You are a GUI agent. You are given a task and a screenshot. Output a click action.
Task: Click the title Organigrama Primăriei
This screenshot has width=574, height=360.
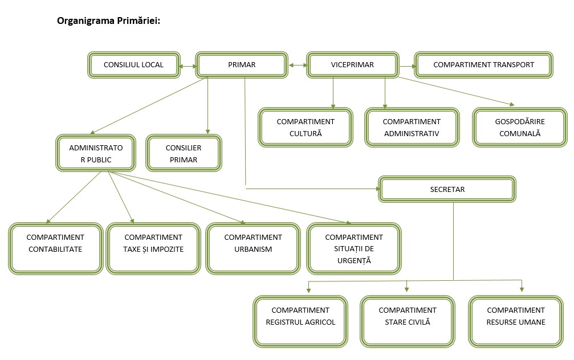point(108,21)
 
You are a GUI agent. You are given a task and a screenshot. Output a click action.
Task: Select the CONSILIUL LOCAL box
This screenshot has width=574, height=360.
point(133,65)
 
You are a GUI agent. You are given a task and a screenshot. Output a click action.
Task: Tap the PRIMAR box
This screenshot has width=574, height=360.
point(242,65)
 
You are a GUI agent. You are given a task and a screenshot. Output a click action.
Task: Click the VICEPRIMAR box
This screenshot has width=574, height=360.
point(352,65)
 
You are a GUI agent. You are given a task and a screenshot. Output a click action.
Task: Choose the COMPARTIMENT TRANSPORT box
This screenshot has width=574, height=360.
point(483,65)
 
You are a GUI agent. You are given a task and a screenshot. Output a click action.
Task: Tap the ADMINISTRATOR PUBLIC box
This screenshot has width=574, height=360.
point(96,153)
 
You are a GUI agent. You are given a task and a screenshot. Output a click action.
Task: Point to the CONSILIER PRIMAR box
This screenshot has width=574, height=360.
point(184,153)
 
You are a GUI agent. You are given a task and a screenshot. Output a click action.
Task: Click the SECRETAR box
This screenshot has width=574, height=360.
point(447,190)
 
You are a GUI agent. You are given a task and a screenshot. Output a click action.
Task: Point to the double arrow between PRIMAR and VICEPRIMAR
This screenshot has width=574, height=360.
point(297,66)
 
